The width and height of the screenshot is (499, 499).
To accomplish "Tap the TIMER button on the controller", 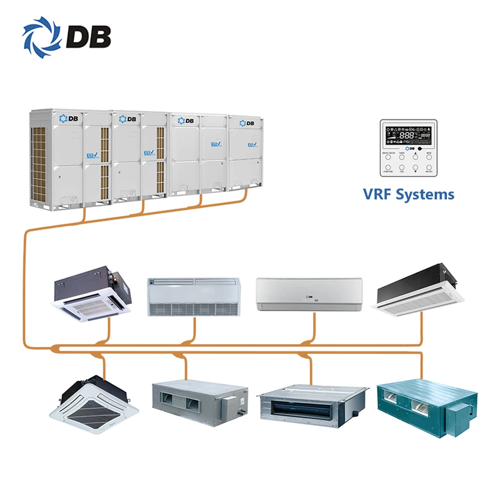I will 402,157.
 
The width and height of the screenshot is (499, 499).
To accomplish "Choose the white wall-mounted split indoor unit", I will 309,295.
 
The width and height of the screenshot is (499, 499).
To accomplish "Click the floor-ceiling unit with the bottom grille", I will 194,296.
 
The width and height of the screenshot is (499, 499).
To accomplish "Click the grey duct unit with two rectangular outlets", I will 200,402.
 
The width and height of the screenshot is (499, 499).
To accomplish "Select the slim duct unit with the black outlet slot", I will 312,404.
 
